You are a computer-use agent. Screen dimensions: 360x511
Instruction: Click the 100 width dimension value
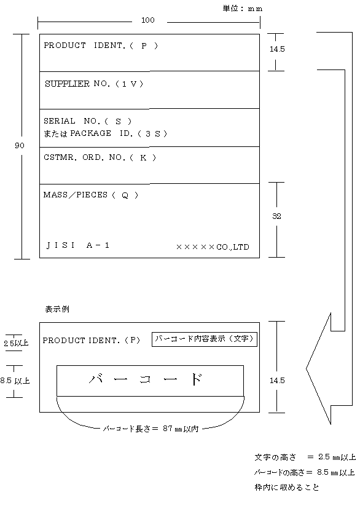point(148,20)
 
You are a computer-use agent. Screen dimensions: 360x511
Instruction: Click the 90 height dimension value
point(20,145)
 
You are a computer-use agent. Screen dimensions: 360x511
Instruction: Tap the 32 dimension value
point(276,216)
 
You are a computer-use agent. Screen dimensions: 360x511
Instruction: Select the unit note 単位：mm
point(243,9)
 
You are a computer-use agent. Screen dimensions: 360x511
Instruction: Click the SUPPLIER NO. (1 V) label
point(94,84)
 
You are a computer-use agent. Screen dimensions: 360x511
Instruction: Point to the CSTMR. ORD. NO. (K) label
point(100,157)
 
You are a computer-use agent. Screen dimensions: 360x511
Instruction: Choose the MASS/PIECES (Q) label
point(91,195)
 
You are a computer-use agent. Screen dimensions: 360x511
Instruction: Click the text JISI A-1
point(77,245)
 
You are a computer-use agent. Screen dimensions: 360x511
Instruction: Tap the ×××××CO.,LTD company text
point(213,247)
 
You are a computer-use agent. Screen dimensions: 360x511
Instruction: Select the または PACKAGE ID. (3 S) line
point(106,133)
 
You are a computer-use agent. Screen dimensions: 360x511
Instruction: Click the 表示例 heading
point(57,309)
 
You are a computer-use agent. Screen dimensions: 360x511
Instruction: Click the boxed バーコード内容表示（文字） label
point(205,339)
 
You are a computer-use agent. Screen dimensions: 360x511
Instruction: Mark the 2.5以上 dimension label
point(16,343)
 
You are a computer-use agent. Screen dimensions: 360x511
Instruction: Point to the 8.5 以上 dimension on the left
point(15,380)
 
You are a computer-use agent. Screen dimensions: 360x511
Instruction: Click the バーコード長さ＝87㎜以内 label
point(151,429)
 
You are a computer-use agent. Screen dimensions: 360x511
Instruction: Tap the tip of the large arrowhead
point(307,368)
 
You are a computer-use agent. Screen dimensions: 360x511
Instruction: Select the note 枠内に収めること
point(287,487)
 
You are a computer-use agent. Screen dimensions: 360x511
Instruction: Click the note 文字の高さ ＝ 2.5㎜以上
point(305,457)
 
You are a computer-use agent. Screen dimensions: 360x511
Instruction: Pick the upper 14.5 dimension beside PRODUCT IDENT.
point(277,49)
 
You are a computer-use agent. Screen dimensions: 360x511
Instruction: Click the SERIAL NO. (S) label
point(88,121)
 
